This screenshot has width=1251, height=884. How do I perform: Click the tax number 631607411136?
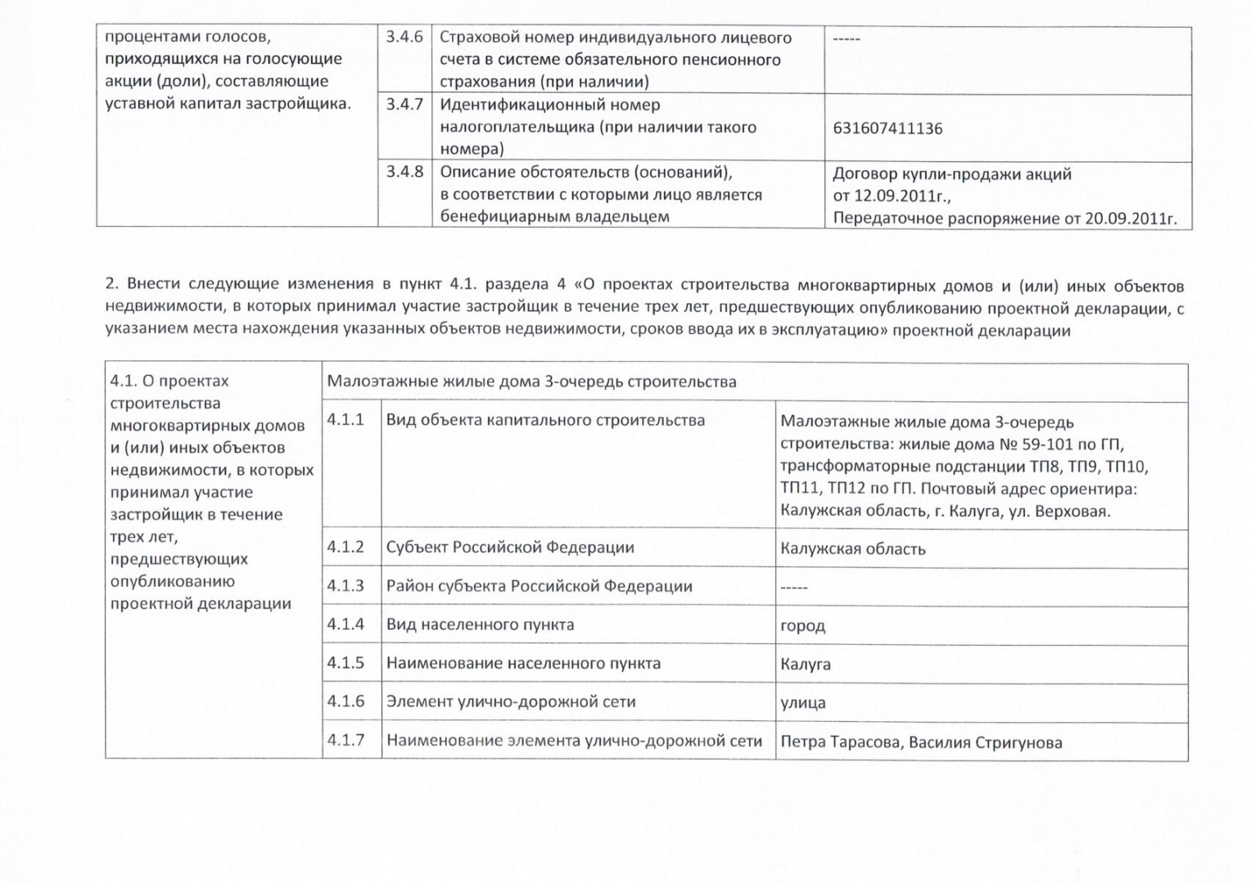coord(887,129)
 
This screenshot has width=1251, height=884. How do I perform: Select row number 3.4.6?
coord(404,38)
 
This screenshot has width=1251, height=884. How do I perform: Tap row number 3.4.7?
coord(404,105)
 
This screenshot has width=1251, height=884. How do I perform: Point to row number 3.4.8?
coord(404,172)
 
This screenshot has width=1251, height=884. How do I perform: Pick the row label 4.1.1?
coord(345,420)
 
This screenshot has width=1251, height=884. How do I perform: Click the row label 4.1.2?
coord(345,547)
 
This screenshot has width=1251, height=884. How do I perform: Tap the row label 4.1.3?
coord(345,586)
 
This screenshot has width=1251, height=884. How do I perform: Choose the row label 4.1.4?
coord(345,625)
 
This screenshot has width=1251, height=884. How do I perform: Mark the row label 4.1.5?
coord(345,663)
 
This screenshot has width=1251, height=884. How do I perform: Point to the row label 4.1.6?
coord(345,701)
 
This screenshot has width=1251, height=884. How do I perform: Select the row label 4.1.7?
coord(345,740)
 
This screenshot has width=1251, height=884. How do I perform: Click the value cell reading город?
coord(803,626)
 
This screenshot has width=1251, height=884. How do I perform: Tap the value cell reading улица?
coord(803,703)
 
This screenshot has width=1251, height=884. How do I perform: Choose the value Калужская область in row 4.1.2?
coord(853,549)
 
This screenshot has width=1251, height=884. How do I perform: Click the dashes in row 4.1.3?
coord(794,588)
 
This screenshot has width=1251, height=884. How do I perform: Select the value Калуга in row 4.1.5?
coord(806,665)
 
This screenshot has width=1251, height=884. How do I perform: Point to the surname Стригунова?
coord(1019,743)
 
